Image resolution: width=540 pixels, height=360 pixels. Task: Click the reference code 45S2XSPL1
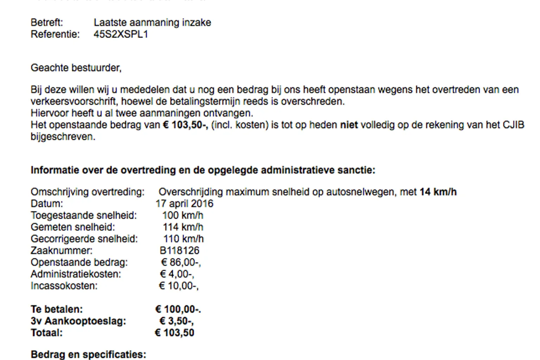tap(121, 34)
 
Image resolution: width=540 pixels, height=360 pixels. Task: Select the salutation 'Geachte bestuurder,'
tap(76, 68)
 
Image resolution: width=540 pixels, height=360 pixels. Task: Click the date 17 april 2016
tap(184, 204)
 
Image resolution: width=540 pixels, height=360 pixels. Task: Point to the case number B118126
tap(179, 251)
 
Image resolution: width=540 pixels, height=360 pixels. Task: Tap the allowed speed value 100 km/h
tap(182, 216)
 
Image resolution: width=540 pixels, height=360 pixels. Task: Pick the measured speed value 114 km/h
tap(183, 227)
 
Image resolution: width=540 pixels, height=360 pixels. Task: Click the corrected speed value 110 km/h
tap(183, 239)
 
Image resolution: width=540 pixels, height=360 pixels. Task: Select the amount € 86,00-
tap(181, 263)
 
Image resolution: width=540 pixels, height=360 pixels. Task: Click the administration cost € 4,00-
tap(177, 274)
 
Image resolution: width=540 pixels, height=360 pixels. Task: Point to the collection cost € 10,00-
tap(179, 286)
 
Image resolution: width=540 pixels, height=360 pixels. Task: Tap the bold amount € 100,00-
tap(178, 309)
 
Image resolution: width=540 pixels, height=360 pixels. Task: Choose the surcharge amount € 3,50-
tap(176, 321)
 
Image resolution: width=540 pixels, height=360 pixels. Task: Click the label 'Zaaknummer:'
tap(62, 251)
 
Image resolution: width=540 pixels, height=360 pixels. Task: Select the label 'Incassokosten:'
tap(64, 286)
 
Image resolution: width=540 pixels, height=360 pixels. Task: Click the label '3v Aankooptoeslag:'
tap(78, 321)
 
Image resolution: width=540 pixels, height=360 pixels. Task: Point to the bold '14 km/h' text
tap(438, 192)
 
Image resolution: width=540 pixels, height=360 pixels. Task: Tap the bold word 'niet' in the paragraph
tap(349, 125)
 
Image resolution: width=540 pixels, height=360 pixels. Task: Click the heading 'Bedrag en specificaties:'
tap(88, 354)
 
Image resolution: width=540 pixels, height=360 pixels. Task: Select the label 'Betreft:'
tap(47, 22)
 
